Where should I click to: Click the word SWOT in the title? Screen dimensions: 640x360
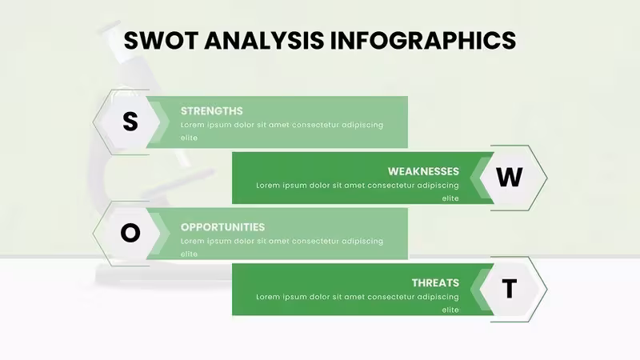pyautogui.click(x=162, y=41)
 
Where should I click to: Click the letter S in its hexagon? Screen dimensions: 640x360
pyautogui.click(x=130, y=122)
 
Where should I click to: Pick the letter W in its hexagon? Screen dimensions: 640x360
pyautogui.click(x=509, y=177)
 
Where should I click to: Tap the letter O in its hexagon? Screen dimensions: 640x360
pyautogui.click(x=130, y=233)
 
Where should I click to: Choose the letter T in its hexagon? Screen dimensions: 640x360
pyautogui.click(x=509, y=289)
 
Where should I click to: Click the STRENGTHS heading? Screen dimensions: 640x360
pyautogui.click(x=211, y=111)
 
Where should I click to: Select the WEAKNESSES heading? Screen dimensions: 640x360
pyautogui.click(x=423, y=171)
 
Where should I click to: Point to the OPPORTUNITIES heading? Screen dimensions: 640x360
pyautogui.click(x=222, y=227)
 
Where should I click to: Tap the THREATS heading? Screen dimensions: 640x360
pyautogui.click(x=435, y=283)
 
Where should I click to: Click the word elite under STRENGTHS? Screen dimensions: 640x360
pyautogui.click(x=189, y=138)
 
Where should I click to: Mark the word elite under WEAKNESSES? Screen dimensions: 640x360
pyautogui.click(x=450, y=198)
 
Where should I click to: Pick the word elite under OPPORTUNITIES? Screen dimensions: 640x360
pyautogui.click(x=189, y=254)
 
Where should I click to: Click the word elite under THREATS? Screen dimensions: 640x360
pyautogui.click(x=450, y=310)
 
